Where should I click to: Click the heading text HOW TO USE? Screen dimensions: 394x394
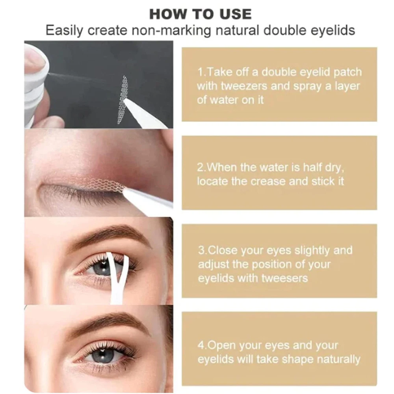(x=200, y=14)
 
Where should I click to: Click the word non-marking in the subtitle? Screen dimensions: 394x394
(x=171, y=30)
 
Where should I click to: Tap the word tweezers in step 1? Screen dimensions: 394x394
(x=244, y=86)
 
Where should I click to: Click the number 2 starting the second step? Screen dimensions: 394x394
(x=200, y=167)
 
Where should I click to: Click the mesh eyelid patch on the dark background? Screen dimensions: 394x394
(x=123, y=100)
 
